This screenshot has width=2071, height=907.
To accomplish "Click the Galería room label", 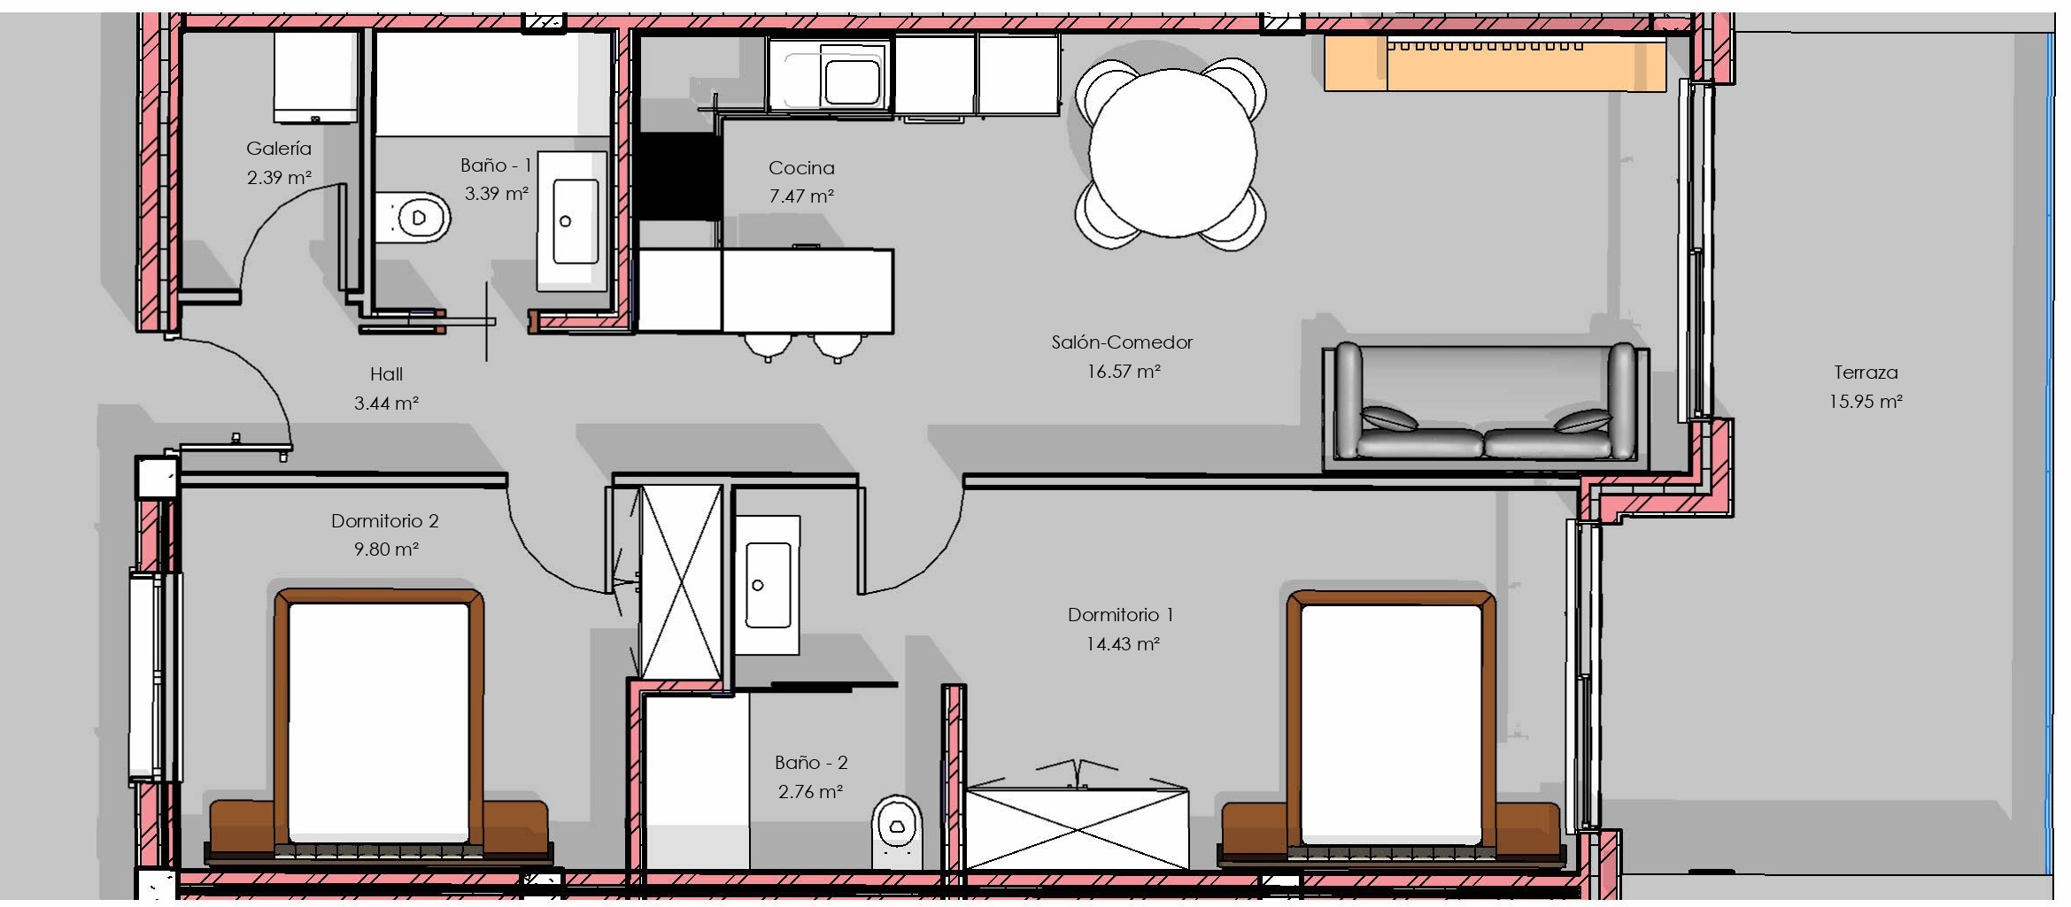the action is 279,148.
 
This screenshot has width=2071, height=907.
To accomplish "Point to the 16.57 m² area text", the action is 1123,371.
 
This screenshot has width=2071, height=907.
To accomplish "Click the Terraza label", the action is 1866,373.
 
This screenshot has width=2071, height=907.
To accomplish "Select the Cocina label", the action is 801,167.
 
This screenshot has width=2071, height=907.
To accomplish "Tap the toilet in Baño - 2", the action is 897,831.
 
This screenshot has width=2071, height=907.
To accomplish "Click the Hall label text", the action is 386,374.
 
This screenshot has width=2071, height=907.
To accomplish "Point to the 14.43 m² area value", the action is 1123,643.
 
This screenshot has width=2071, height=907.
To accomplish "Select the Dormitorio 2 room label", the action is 385,520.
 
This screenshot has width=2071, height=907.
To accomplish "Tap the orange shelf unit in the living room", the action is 1495,64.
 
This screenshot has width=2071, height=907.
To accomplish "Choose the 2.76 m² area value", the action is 810,791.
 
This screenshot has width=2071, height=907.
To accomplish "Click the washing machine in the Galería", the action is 314,78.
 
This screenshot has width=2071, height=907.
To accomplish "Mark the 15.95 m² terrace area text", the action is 1866,401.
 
